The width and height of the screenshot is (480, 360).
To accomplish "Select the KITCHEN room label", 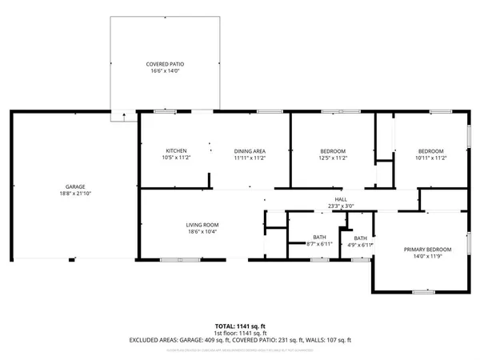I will pyautogui.click(x=176, y=151).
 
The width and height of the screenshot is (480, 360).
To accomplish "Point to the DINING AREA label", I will pyautogui.click(x=250, y=151).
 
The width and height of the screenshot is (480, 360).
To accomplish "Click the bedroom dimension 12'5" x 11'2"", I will pyautogui.click(x=333, y=158).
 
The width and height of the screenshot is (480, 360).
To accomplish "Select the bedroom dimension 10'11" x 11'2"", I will pyautogui.click(x=431, y=158).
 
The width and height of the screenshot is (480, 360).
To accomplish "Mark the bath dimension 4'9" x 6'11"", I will pyautogui.click(x=360, y=244).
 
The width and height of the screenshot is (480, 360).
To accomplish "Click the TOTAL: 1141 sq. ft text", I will pyautogui.click(x=240, y=326).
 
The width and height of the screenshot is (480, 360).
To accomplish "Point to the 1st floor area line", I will pyautogui.click(x=240, y=333).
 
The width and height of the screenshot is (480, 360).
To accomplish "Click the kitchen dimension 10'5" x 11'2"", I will pyautogui.click(x=176, y=158).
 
